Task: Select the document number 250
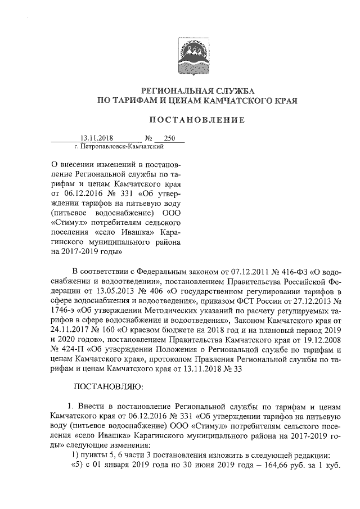click(169, 138)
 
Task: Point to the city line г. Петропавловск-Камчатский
click(119, 146)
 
